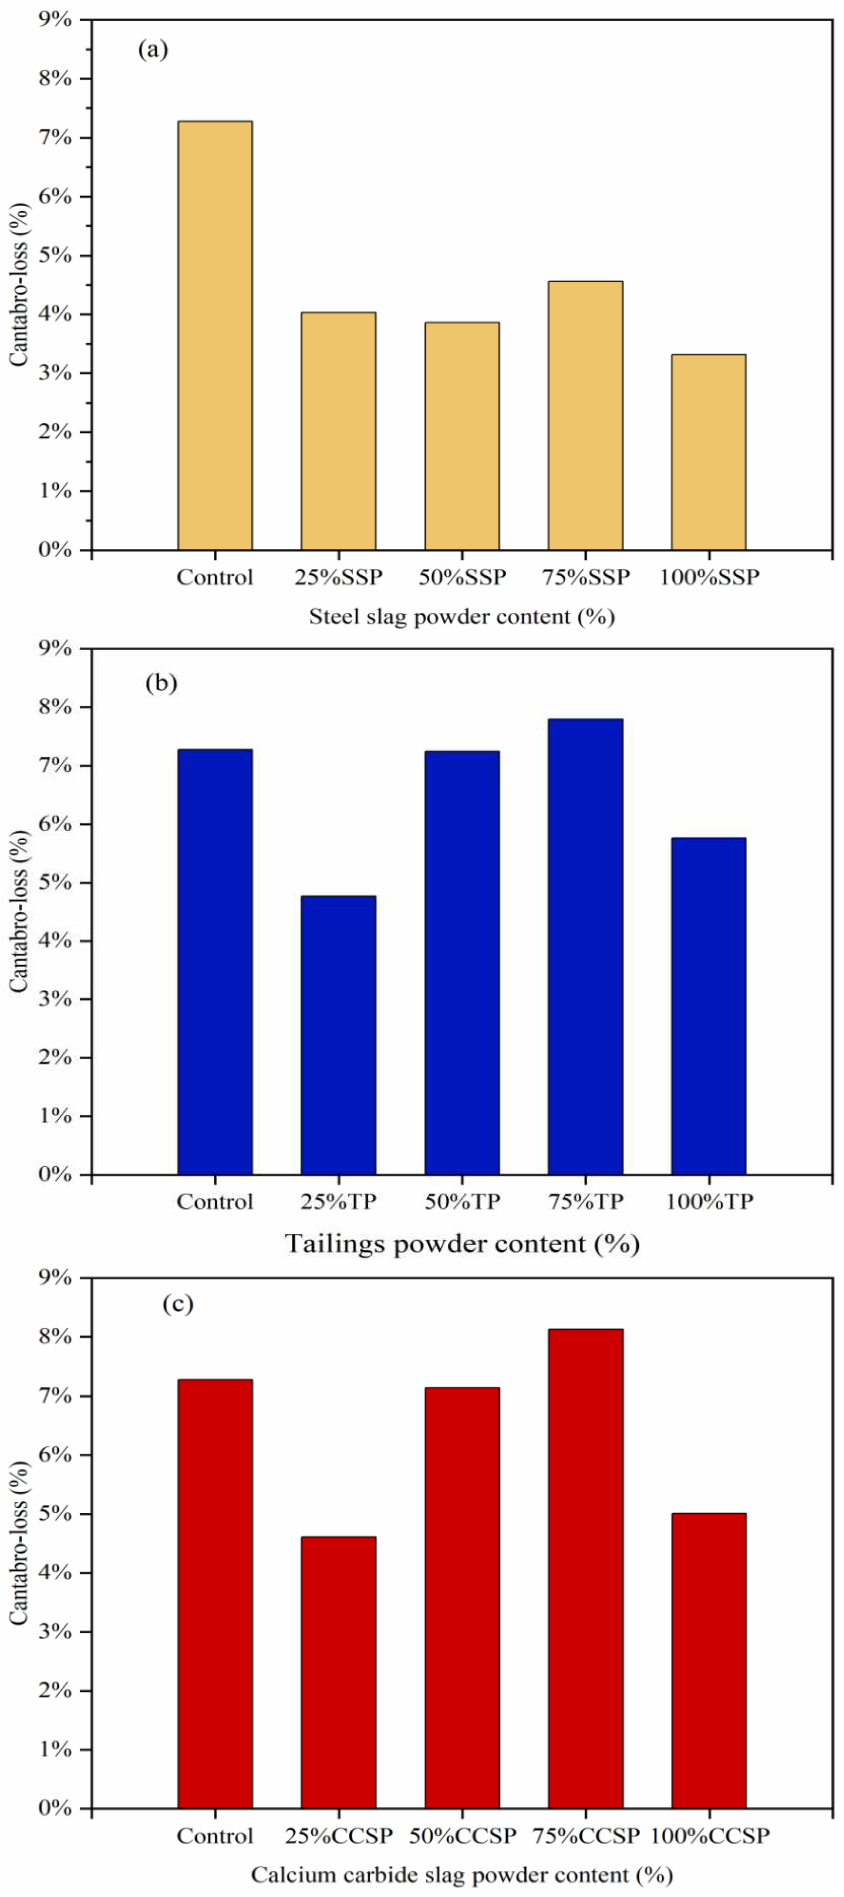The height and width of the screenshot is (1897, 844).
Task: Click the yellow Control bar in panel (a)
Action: [215, 335]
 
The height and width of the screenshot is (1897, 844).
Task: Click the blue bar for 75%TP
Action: [586, 946]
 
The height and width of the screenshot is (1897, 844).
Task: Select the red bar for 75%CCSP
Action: [586, 1569]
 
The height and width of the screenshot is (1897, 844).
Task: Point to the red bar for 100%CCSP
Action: [709, 1661]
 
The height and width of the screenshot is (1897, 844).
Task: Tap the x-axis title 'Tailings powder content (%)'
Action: [462, 1244]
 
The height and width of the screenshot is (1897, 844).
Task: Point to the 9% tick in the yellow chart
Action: [57, 20]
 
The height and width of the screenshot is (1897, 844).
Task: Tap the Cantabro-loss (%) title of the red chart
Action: [19, 1543]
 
